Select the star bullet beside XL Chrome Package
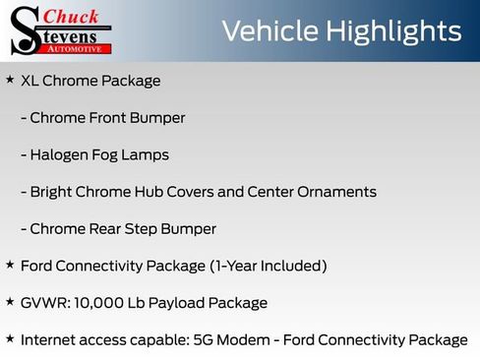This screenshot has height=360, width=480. click(x=10, y=79)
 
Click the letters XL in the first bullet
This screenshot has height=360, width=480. click(x=30, y=81)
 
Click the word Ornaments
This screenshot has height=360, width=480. click(x=337, y=192)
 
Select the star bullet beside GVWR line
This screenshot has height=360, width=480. click(x=10, y=301)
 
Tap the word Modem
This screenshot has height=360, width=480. click(x=255, y=340)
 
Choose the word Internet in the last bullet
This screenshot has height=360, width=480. click(x=49, y=340)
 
